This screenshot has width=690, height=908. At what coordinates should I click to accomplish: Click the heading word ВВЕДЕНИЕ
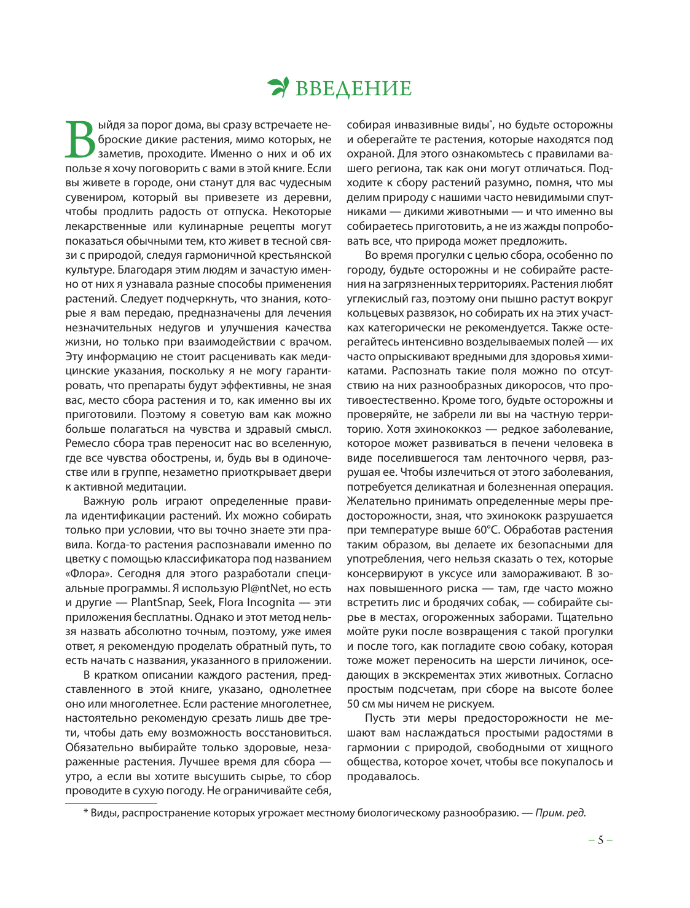[x=353, y=89]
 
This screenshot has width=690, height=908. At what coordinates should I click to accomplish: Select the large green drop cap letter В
[x=80, y=140]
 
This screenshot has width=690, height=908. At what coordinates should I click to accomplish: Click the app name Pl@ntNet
[x=261, y=588]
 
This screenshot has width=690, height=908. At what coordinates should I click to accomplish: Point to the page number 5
[x=600, y=840]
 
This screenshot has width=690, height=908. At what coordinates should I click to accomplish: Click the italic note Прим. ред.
[x=560, y=813]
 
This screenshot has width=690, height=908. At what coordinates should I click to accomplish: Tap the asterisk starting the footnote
[x=85, y=813]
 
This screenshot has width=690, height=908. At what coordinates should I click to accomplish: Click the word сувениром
[x=93, y=197]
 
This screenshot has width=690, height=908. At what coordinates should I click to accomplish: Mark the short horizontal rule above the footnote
[x=111, y=803]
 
